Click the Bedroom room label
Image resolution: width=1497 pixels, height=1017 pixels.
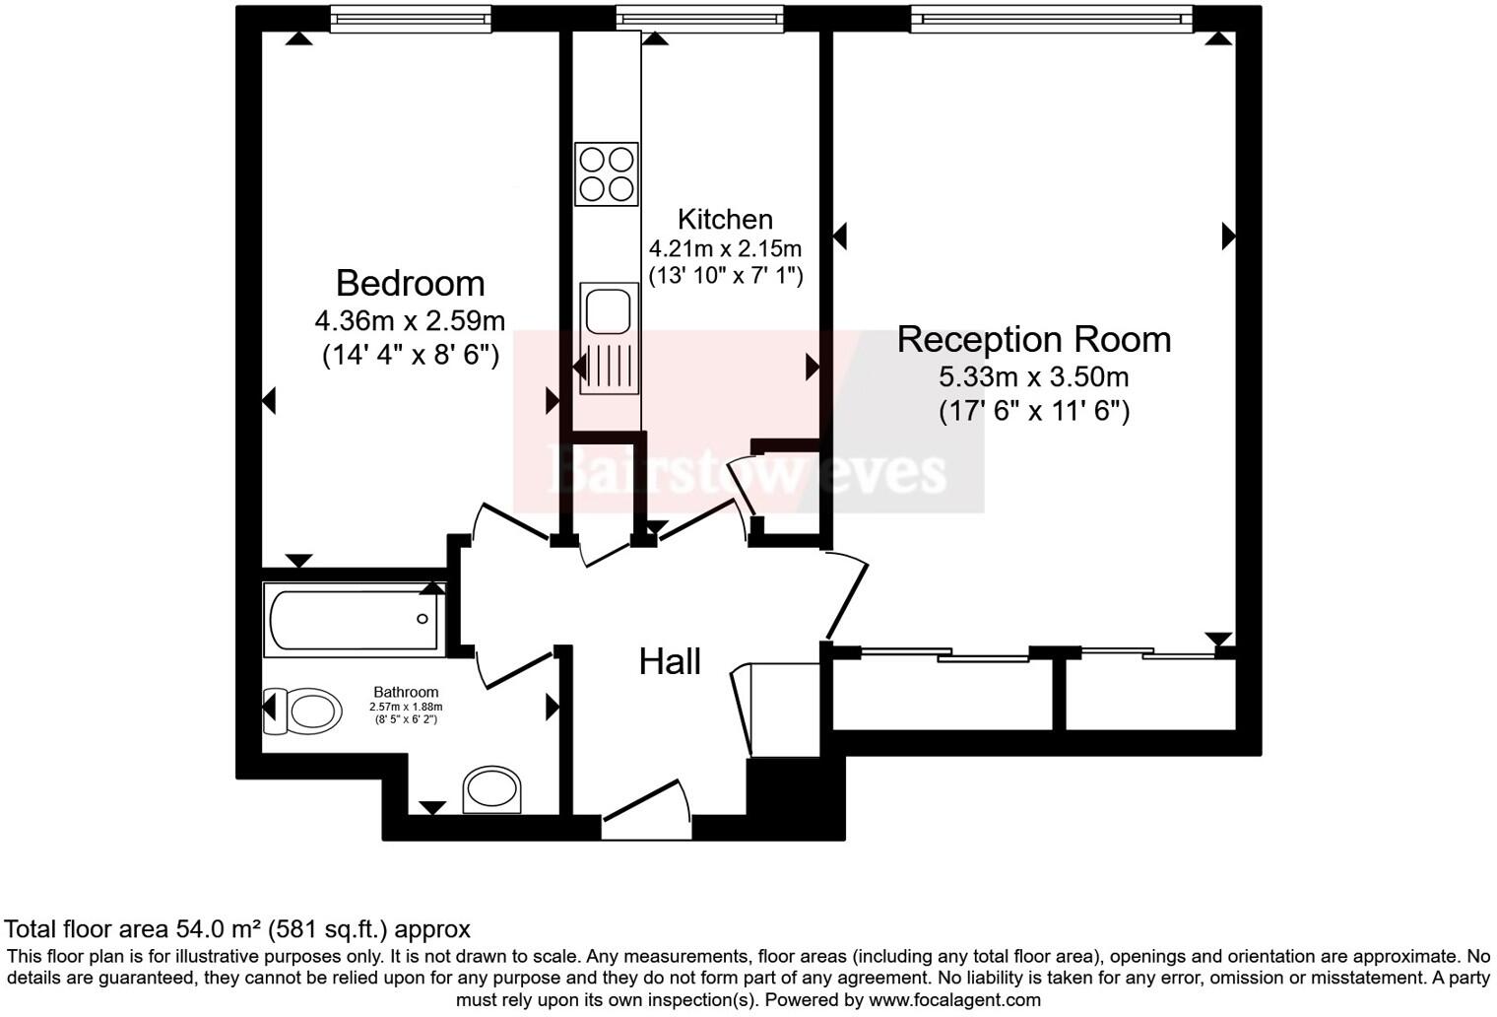410,284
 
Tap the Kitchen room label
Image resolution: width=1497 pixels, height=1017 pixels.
725,219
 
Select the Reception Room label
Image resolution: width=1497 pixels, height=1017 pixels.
1033,339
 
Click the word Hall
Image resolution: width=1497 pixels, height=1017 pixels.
670,661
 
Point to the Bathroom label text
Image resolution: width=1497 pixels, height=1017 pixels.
406,692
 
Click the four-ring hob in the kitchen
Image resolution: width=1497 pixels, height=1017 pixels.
607,174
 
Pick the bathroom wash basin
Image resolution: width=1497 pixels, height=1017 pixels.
493,789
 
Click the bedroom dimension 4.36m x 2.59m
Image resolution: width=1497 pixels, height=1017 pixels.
410,320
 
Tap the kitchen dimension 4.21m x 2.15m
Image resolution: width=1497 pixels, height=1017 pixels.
725,248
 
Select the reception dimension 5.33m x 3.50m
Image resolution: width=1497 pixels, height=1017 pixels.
1033,376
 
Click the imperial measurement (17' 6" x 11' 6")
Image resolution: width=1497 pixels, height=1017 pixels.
1033,410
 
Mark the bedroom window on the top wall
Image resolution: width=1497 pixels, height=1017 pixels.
410,19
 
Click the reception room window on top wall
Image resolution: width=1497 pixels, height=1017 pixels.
1051,19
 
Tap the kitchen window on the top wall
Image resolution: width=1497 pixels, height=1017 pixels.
699,19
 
